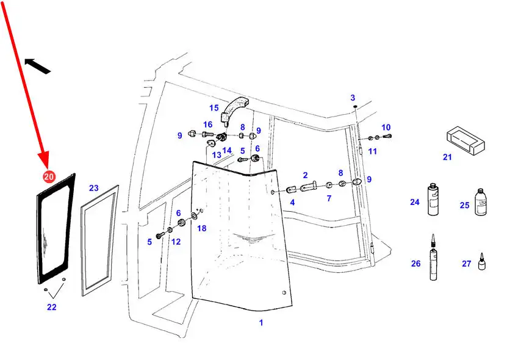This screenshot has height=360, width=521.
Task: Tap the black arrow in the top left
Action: click(37, 65)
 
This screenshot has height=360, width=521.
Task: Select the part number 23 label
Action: click(93, 188)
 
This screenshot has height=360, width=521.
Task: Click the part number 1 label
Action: click(261, 322)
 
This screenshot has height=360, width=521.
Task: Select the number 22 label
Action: click(52, 307)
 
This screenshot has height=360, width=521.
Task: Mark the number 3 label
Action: click(352, 98)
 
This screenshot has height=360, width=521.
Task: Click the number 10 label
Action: click(386, 127)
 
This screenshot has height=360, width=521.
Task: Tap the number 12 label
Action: click(176, 242)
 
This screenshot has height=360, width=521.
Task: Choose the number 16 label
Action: click(208, 124)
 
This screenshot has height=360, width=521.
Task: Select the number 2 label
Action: click(305, 175)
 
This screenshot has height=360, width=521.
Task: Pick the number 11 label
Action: click(372, 151)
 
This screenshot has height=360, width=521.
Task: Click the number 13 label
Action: click(217, 155)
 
